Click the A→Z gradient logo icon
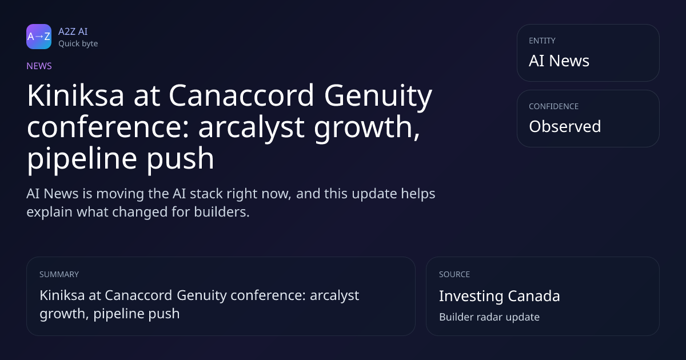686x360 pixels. tap(39, 37)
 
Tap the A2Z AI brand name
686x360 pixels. tap(73, 31)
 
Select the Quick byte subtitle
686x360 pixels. tap(78, 44)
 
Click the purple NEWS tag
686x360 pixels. tap(39, 66)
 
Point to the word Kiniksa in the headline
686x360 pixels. tap(75, 95)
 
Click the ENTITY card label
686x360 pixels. tap(542, 41)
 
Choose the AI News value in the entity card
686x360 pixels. tap(559, 61)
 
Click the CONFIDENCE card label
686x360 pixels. tap(554, 106)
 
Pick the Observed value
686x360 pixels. tap(565, 126)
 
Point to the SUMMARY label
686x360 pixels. tap(59, 274)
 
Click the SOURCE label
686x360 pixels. tap(454, 274)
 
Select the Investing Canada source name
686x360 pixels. tap(500, 296)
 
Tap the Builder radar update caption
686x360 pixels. tap(489, 317)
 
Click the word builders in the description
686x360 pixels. tap(222, 212)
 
